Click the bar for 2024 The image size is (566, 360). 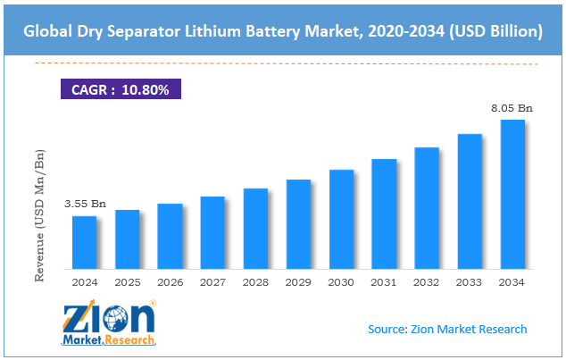84,242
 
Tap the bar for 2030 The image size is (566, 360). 341,219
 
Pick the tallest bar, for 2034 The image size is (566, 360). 512,194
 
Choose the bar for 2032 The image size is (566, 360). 427,208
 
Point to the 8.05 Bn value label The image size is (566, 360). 512,108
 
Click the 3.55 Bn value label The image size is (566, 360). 85,205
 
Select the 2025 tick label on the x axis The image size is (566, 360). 127,282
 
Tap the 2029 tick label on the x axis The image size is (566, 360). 298,282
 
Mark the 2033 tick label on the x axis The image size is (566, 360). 470,282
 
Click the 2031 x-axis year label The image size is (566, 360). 384,282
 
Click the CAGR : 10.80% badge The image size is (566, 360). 120,89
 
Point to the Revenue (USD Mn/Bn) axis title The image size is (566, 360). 40,216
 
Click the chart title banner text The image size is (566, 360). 283,31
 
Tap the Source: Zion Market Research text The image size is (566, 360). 447,329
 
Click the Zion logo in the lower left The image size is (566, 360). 108,323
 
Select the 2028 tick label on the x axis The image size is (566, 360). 255,282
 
